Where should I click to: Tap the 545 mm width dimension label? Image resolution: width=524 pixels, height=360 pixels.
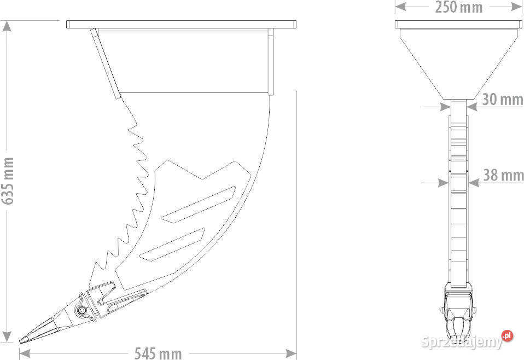tap(158, 353)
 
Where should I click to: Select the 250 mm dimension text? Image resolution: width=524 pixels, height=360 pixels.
tap(458, 7)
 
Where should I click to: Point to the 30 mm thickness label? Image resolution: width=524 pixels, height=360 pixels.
tap(503, 99)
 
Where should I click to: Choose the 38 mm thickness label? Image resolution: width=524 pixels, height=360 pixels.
tap(503, 175)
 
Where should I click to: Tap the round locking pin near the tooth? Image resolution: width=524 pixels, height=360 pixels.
tap(81, 311)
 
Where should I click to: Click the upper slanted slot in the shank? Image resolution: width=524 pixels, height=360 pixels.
tap(199, 204)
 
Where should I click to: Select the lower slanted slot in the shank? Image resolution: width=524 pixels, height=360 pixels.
tap(172, 245)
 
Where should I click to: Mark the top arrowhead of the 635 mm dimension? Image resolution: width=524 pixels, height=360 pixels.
tap(7, 26)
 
